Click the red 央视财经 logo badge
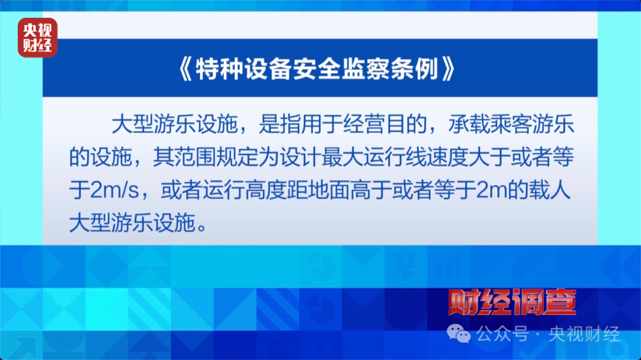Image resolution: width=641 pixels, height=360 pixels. point(37,37)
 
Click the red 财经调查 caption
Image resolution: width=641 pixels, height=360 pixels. point(512,302)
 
